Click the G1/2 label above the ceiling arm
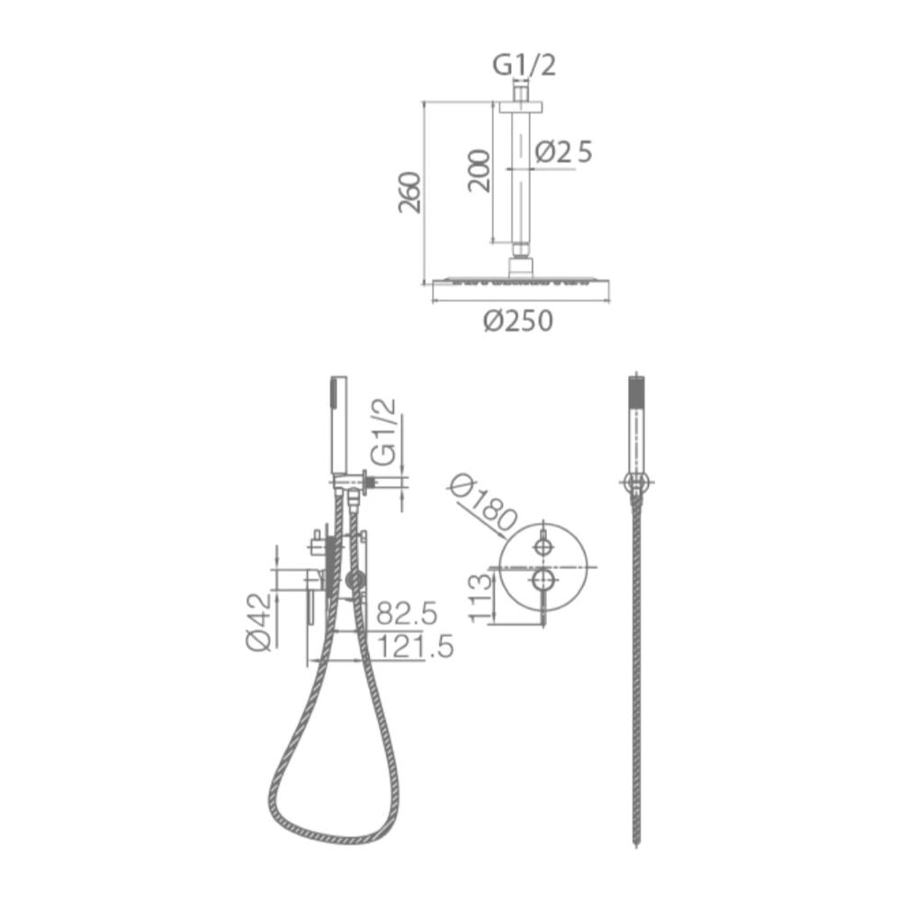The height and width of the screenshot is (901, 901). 524,66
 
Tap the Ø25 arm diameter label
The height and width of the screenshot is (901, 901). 563,152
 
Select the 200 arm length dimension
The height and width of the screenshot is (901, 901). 479,171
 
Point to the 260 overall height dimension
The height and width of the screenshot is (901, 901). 410,192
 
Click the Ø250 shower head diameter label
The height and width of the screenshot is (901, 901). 518,321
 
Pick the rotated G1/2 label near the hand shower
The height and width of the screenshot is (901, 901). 384,432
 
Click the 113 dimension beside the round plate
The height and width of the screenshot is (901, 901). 481,598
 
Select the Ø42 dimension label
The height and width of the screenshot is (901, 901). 259,623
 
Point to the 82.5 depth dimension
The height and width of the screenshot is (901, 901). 407,613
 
